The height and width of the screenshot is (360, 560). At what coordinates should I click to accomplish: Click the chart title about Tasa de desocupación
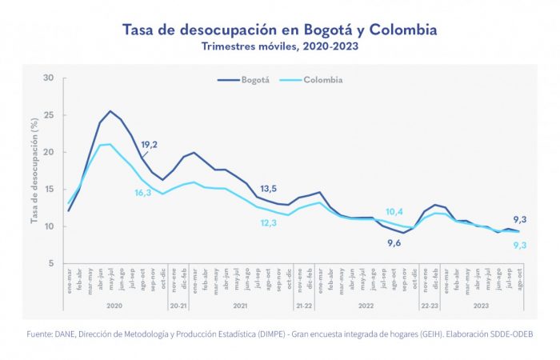tap(279, 30)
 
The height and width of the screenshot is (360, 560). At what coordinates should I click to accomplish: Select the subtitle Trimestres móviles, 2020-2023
tap(279, 46)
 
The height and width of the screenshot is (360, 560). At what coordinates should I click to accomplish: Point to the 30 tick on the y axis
tap(49, 78)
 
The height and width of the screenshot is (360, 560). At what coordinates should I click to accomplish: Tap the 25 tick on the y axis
tap(49, 115)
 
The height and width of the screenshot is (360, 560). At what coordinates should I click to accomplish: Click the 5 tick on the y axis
tap(51, 264)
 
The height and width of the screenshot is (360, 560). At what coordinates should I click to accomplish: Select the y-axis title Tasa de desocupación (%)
tap(34, 170)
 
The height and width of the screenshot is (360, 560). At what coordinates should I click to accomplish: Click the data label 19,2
tap(149, 145)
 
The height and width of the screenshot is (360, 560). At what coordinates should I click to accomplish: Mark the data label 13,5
tap(269, 189)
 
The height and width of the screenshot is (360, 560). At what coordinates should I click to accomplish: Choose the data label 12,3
tap(269, 222)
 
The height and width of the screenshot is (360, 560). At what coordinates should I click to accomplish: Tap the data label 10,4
tap(394, 212)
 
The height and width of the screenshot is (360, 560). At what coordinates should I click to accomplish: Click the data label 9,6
tap(394, 243)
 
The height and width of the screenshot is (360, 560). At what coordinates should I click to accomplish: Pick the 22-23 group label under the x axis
tap(430, 305)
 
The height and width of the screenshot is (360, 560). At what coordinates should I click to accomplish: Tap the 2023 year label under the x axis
tap(482, 305)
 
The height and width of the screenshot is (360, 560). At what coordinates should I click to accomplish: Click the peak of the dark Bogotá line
tap(110, 111)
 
